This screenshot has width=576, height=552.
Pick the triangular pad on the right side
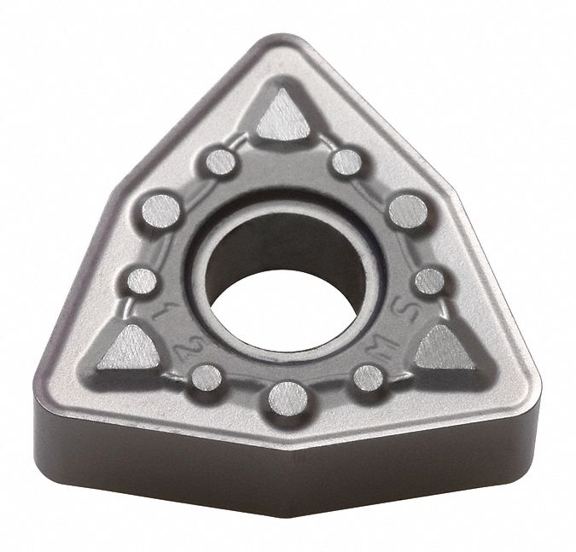[445, 348]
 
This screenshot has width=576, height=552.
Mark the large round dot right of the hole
[407, 210]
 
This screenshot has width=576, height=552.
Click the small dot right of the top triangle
[346, 161]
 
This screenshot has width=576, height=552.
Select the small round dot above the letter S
[429, 281]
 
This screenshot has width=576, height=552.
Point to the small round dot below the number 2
[206, 376]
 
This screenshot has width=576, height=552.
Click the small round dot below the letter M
[368, 376]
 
